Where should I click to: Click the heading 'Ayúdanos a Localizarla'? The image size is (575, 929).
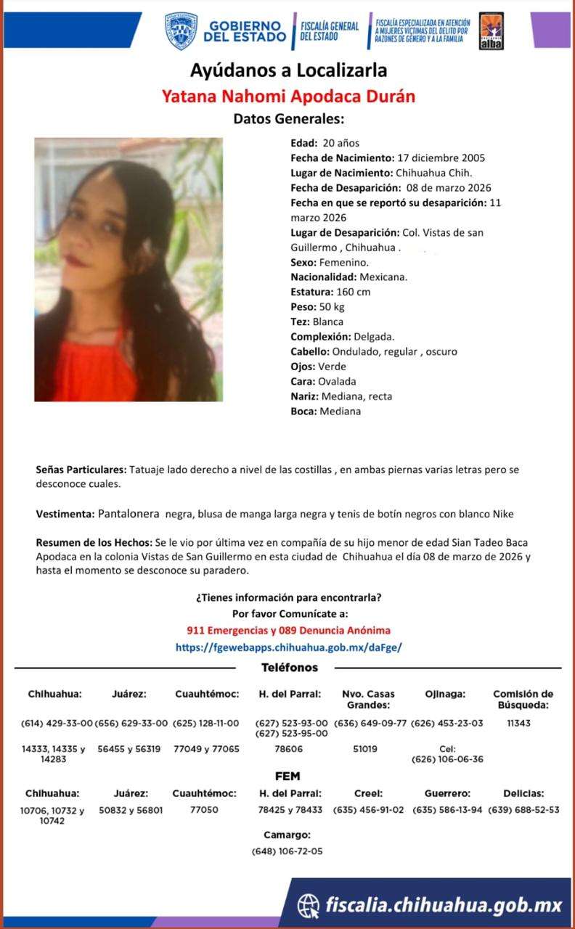288,70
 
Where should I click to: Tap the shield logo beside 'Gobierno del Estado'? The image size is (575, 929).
180,30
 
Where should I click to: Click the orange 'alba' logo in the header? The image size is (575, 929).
492,33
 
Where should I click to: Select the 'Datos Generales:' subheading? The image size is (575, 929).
288,118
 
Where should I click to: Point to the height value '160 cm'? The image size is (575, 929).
354,292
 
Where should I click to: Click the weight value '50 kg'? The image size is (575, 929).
331,307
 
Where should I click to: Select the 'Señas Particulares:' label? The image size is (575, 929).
81,470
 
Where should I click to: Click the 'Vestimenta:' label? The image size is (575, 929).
65,515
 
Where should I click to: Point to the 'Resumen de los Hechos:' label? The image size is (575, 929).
94,543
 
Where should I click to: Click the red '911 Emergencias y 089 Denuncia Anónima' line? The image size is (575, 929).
288,631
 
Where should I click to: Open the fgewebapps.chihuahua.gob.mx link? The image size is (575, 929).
288,647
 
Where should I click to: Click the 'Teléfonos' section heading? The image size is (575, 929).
289,668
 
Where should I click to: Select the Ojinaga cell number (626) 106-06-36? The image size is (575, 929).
446,759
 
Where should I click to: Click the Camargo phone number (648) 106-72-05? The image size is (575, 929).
287,851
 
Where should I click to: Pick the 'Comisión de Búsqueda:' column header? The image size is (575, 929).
523,699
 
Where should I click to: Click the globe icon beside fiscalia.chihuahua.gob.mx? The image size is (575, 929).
309,904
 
